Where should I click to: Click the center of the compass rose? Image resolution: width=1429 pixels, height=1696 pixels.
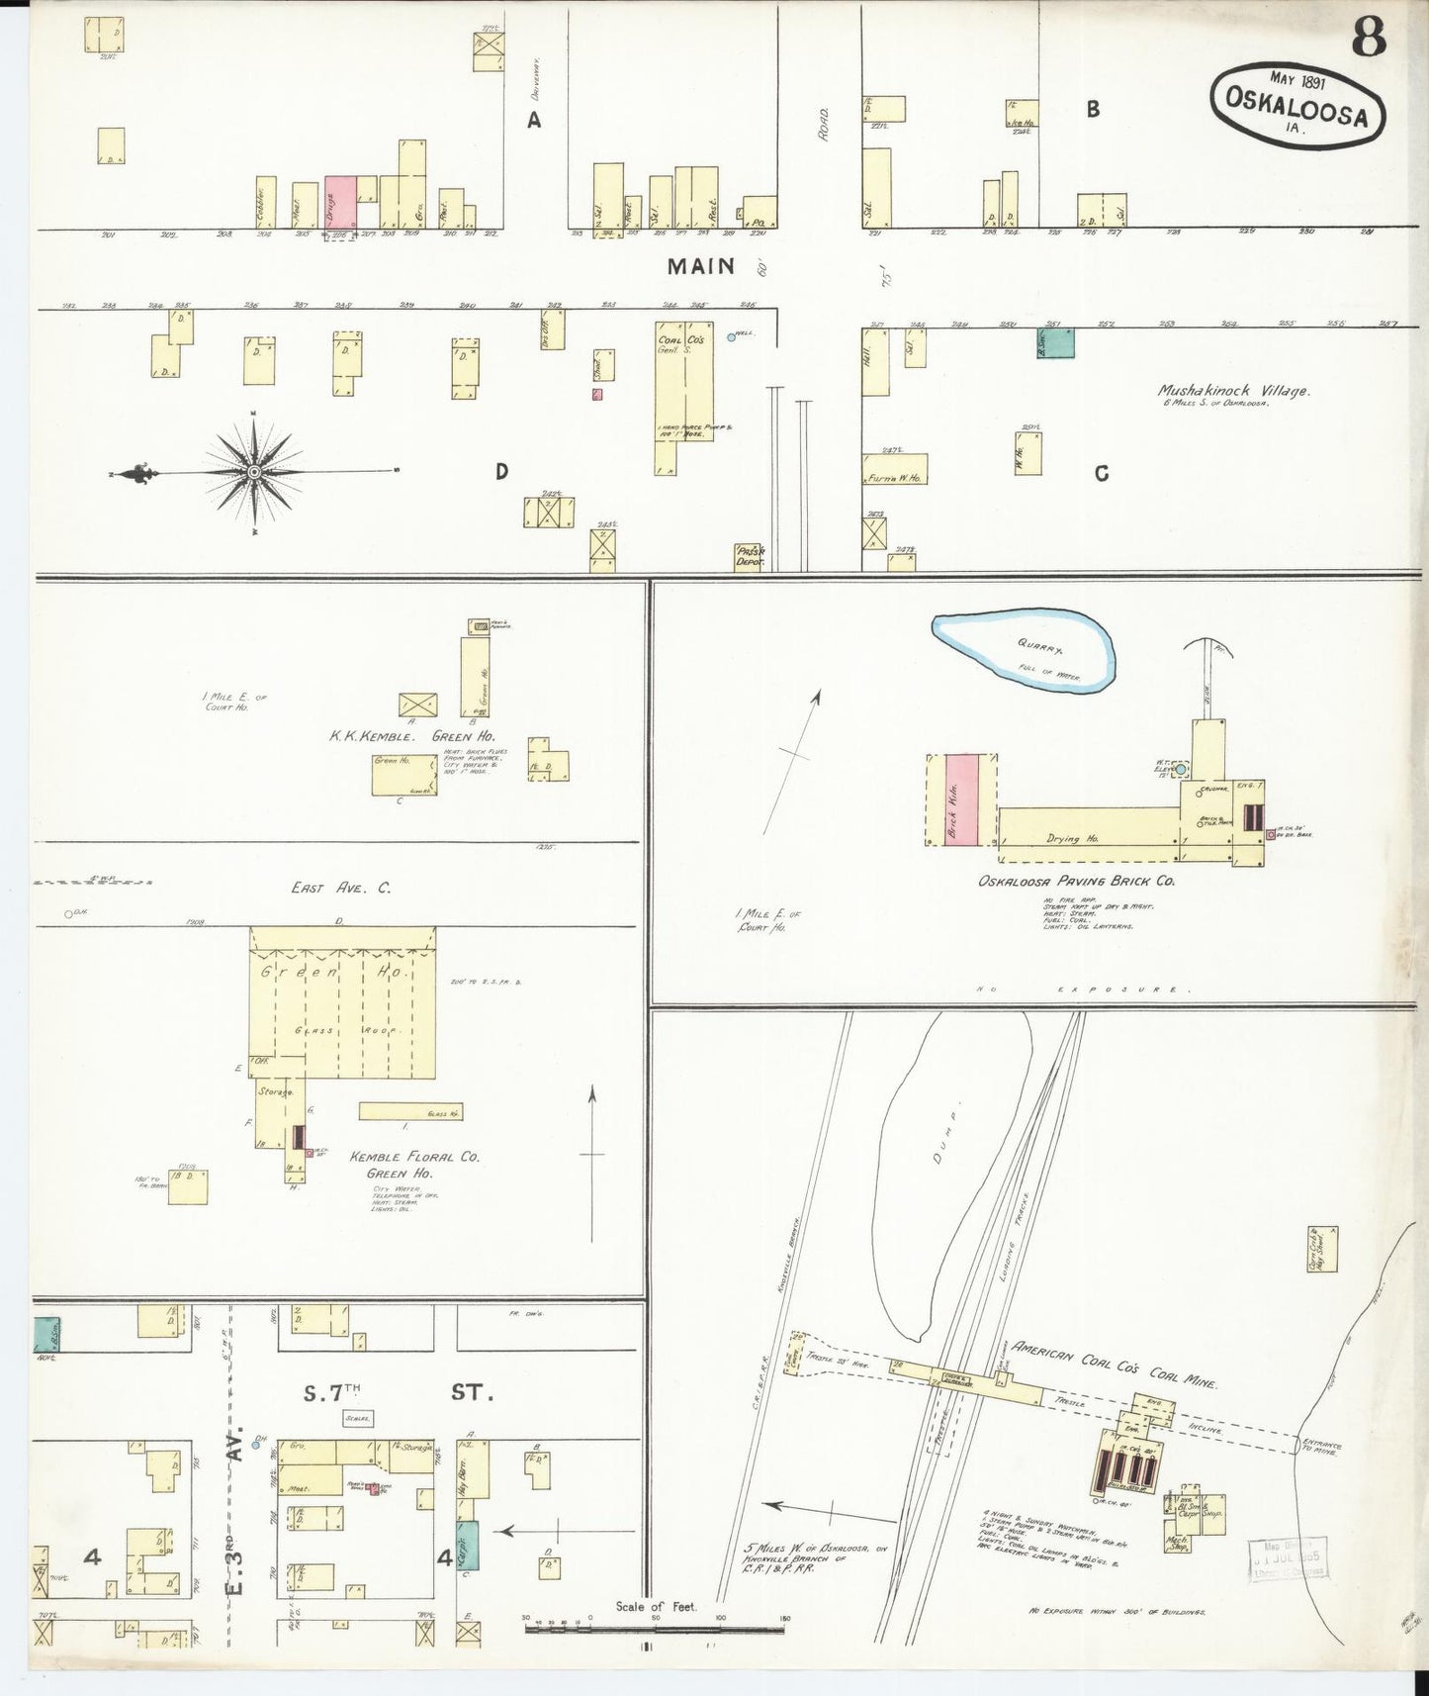point(254,473)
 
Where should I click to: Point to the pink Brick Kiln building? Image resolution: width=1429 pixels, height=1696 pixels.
point(961,799)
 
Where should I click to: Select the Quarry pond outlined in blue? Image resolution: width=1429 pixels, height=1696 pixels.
point(1025,650)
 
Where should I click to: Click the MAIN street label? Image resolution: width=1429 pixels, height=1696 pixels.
point(701,265)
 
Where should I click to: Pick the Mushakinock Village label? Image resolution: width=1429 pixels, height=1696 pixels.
point(1234,392)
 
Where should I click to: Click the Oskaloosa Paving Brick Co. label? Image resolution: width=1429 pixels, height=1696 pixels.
point(1076,880)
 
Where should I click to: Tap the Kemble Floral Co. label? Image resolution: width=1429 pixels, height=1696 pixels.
point(401,1156)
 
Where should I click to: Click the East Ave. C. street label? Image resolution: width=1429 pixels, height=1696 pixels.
point(340,888)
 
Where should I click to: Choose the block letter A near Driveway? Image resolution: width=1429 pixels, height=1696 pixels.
point(534,120)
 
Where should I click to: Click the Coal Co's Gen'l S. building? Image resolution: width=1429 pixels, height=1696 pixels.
point(682,386)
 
